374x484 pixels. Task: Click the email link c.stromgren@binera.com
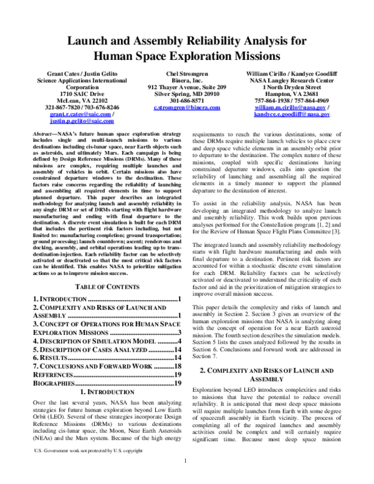point(186,107)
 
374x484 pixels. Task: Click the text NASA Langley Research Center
point(295,81)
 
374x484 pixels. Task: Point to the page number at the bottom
point(186,477)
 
